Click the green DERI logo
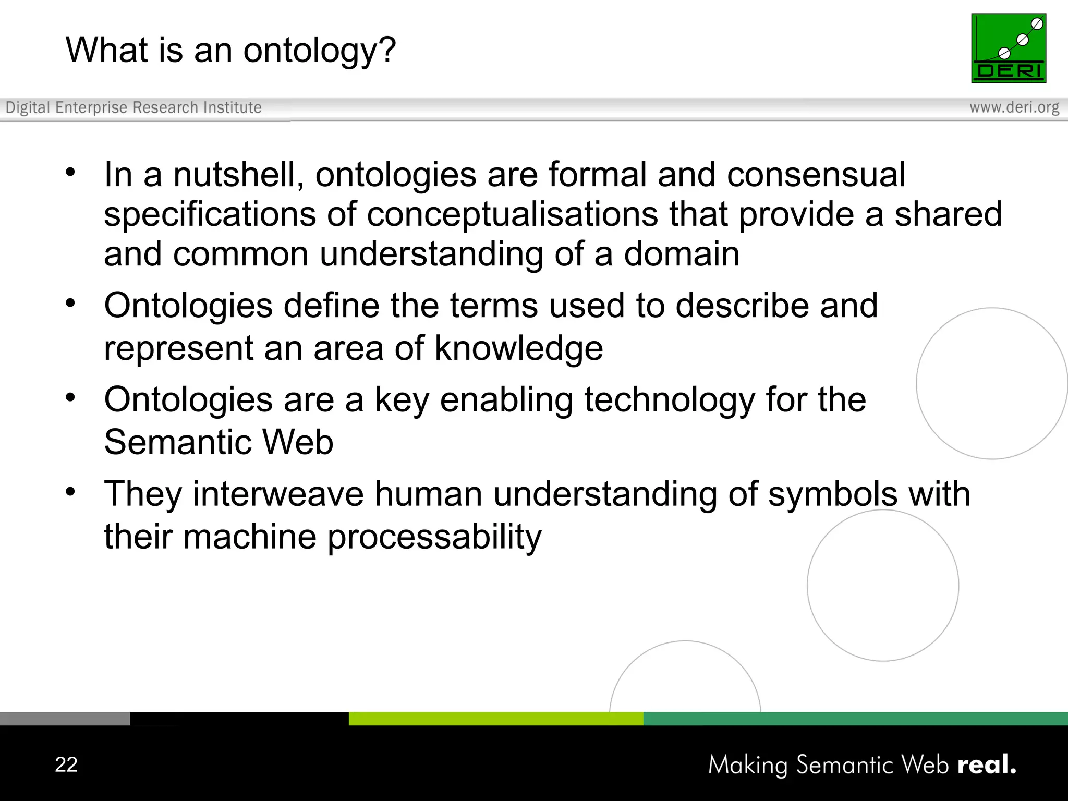[x=1009, y=48]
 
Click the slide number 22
[x=66, y=764]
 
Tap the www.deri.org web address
[x=1014, y=107]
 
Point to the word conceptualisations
[x=512, y=214]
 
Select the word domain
[x=682, y=254]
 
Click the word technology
[x=669, y=400]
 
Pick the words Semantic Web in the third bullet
[x=219, y=442]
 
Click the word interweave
[x=278, y=494]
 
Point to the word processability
[x=434, y=537]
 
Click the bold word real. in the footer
[x=987, y=765]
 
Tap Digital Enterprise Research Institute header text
[x=133, y=107]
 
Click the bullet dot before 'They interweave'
[x=71, y=491]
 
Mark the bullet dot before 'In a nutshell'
[x=71, y=172]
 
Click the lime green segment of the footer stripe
[x=495, y=719]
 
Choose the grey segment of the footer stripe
[x=65, y=719]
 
